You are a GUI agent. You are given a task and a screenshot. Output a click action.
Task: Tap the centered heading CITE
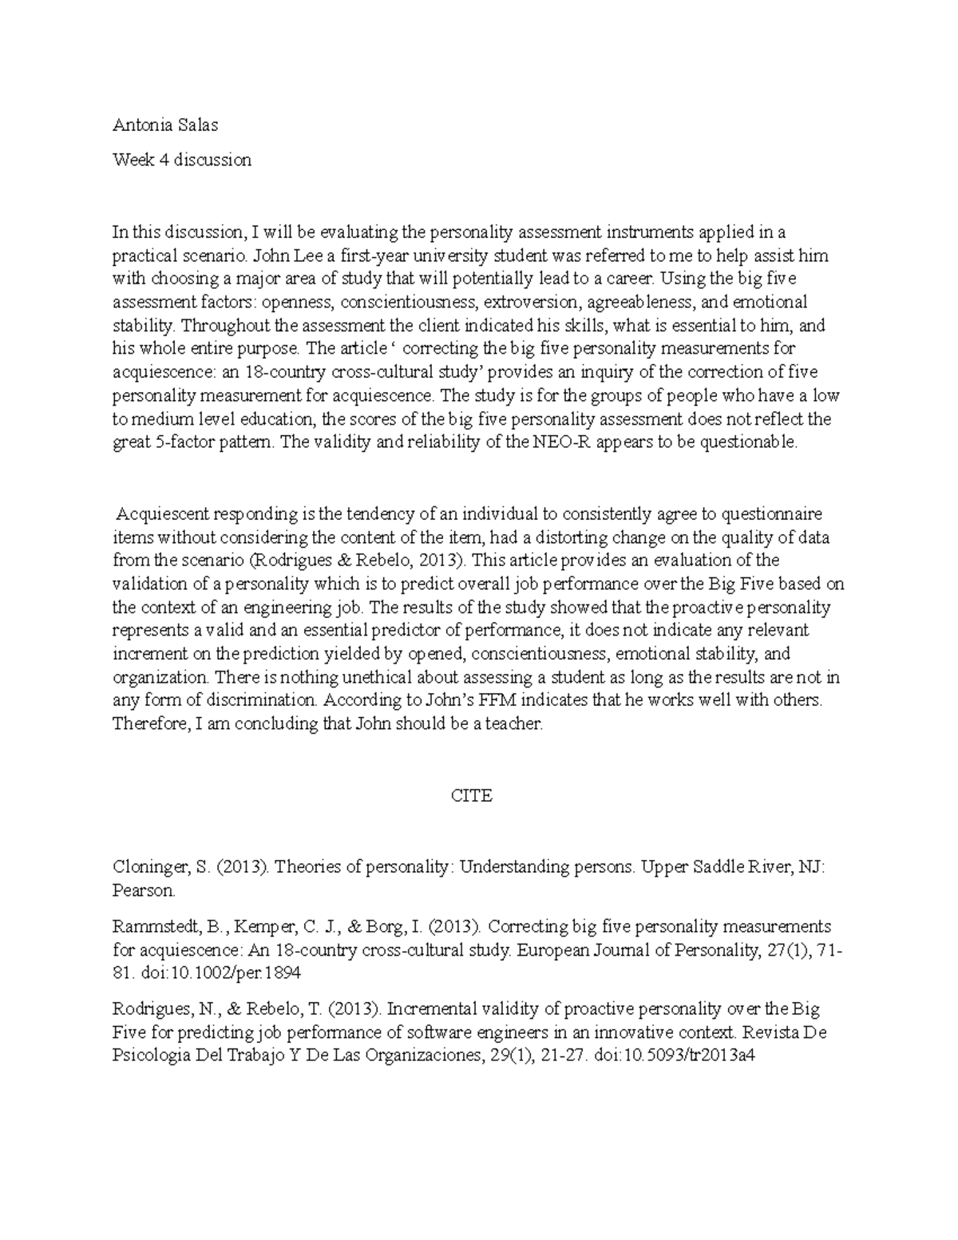pos(472,795)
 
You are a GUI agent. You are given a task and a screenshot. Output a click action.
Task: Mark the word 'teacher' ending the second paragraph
pos(513,724)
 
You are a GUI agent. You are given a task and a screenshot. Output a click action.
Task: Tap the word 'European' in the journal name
pos(552,950)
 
